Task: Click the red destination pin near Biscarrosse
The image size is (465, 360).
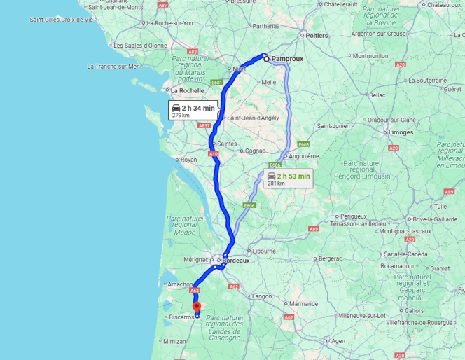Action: pyautogui.click(x=197, y=307)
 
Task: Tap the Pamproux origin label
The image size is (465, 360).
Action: pyautogui.click(x=287, y=59)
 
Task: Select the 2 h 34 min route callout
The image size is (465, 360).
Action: pyautogui.click(x=193, y=110)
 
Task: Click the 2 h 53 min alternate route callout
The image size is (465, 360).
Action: pyautogui.click(x=288, y=178)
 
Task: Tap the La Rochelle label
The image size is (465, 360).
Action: pyautogui.click(x=188, y=90)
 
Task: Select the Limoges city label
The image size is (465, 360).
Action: pyautogui.click(x=401, y=132)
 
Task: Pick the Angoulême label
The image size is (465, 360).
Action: pyautogui.click(x=304, y=155)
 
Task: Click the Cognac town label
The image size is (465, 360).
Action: pyautogui.click(x=255, y=151)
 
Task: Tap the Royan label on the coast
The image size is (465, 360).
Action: pyautogui.click(x=188, y=160)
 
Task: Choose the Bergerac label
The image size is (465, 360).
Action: pyautogui.click(x=329, y=258)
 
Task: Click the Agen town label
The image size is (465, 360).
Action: pyautogui.click(x=339, y=341)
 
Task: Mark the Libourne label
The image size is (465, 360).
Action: pyautogui.click(x=263, y=251)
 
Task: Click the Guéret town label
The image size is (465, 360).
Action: pyautogui.click(x=452, y=89)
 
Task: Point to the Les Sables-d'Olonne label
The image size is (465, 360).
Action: pyautogui.click(x=140, y=46)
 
